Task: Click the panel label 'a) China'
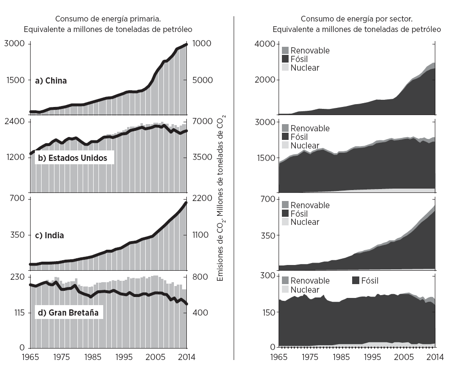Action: pyautogui.click(x=51, y=81)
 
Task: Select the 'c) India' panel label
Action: pyautogui.click(x=50, y=235)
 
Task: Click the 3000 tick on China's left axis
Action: pyautogui.click(x=15, y=44)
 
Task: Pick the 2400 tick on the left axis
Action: pyautogui.click(x=15, y=121)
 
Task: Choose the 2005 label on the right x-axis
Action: pyautogui.click(x=404, y=357)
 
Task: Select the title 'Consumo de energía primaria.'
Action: pyautogui.click(x=108, y=19)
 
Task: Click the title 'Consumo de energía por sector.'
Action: pyautogui.click(x=356, y=19)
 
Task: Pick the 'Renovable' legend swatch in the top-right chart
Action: pyautogui.click(x=285, y=50)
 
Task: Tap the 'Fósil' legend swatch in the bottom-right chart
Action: pyautogui.click(x=355, y=281)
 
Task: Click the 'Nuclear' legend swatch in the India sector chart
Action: pyautogui.click(x=285, y=222)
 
